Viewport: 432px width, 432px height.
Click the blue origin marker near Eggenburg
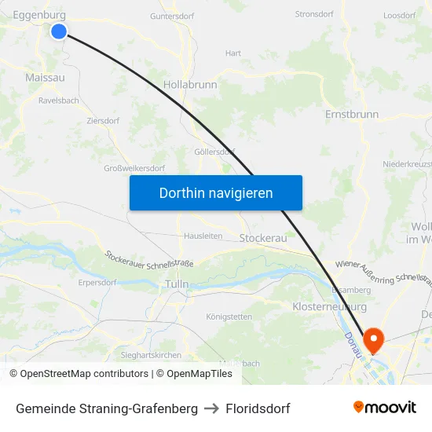point(59,31)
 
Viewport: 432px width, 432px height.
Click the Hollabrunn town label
point(190,84)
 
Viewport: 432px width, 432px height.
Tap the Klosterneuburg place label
point(329,306)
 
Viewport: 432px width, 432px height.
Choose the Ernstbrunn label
point(351,115)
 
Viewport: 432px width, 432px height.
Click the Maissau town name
point(45,78)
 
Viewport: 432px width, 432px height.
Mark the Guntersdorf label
point(172,15)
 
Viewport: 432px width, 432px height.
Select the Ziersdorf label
point(103,122)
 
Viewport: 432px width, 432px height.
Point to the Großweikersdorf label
point(134,168)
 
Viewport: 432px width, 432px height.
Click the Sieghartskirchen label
point(151,355)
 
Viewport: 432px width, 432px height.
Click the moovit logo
point(385,408)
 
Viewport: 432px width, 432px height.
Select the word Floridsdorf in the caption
point(258,408)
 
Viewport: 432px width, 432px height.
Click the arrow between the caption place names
point(211,408)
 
